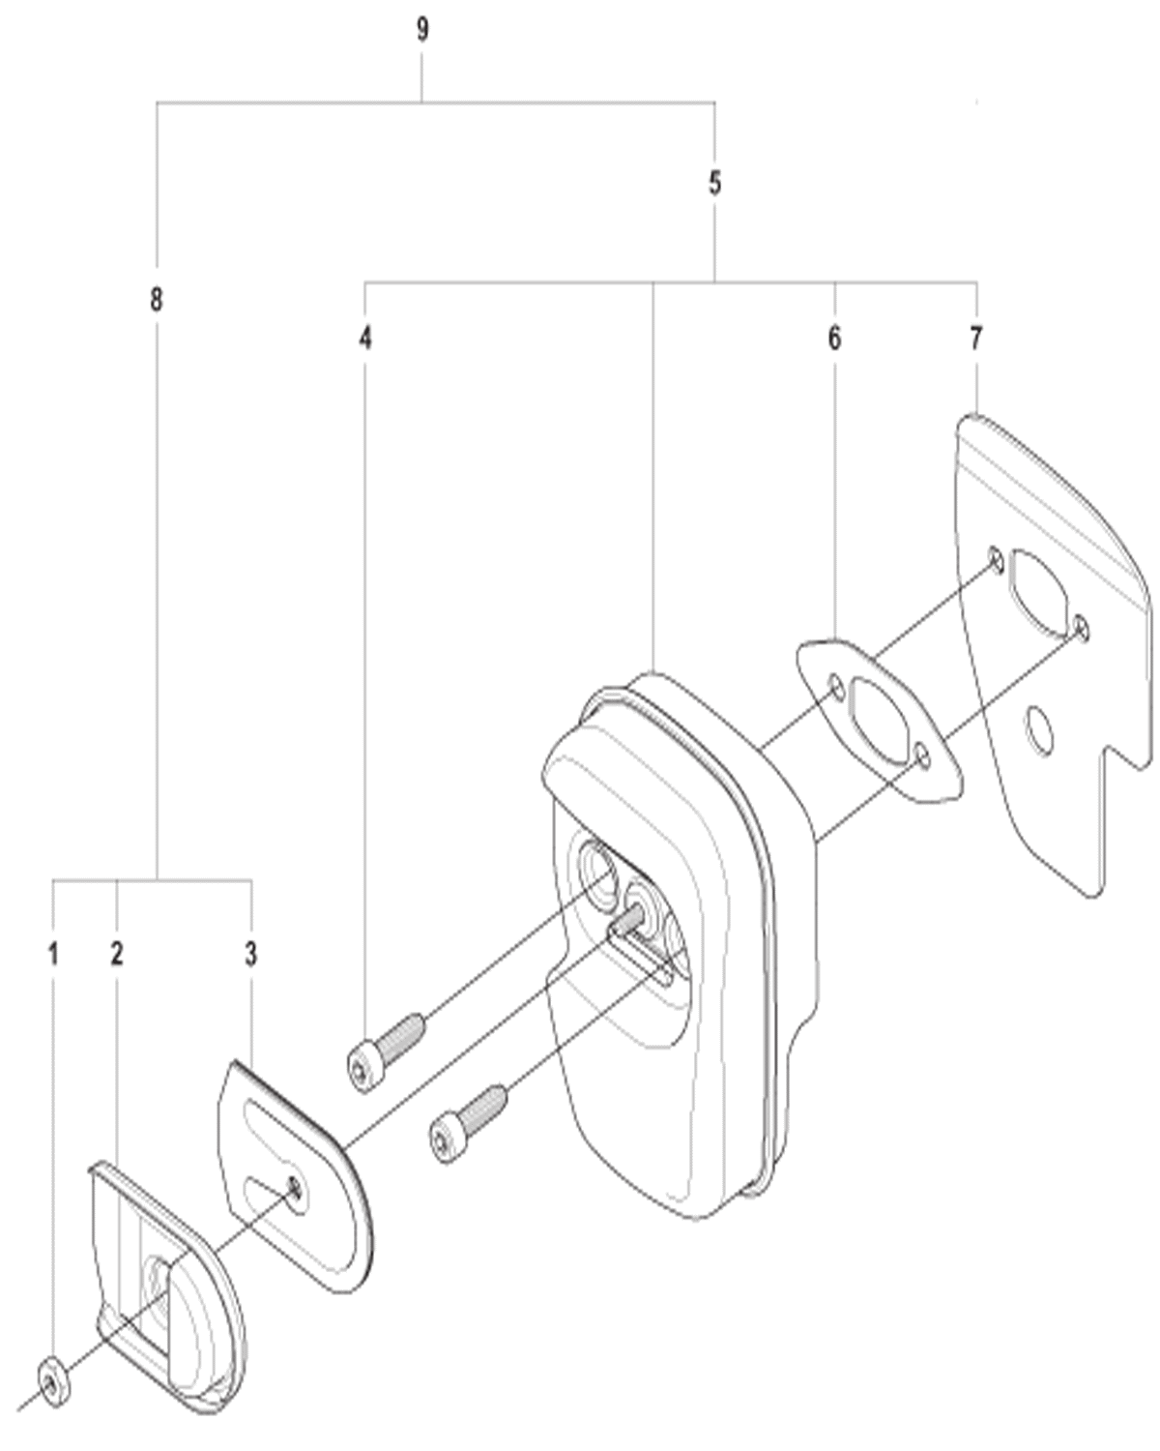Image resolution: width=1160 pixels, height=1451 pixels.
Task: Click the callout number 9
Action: point(421,30)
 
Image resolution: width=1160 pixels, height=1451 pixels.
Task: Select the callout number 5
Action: point(714,184)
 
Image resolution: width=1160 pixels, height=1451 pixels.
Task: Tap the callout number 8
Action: point(157,300)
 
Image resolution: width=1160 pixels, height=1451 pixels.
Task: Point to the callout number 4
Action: point(365,338)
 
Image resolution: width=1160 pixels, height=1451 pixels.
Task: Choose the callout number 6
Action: point(834,338)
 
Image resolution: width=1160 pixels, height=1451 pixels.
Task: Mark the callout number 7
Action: point(976,338)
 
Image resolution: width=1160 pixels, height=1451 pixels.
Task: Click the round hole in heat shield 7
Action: point(1038,731)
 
